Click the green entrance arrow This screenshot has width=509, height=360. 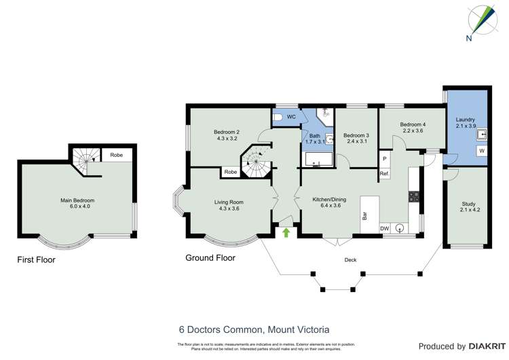(x=286, y=233)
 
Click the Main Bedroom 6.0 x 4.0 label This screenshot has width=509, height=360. (x=77, y=204)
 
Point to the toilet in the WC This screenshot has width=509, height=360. (x=278, y=118)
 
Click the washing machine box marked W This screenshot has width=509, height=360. (x=481, y=150)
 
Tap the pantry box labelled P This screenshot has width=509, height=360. (x=384, y=159)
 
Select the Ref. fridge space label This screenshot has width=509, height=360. (x=384, y=174)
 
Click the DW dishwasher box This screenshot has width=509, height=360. (x=384, y=228)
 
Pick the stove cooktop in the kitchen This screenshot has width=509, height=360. (x=413, y=196)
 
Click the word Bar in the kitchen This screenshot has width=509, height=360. (x=364, y=215)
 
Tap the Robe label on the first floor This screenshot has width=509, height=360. (x=116, y=156)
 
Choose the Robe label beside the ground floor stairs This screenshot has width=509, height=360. (x=230, y=173)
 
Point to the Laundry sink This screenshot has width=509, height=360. (x=481, y=134)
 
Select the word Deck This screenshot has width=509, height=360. (x=350, y=259)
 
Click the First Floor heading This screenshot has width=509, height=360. (x=36, y=259)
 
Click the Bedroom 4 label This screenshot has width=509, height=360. (x=411, y=127)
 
